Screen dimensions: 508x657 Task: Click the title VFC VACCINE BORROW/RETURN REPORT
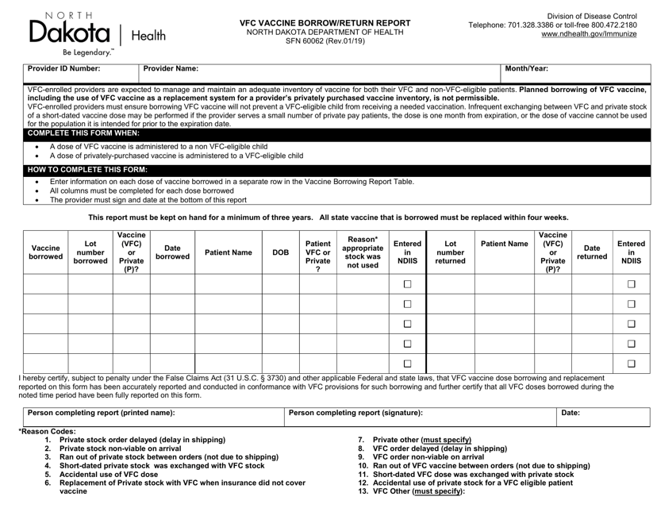(x=314, y=24)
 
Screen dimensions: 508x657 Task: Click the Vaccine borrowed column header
(x=45, y=252)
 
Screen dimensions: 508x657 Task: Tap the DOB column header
(x=280, y=252)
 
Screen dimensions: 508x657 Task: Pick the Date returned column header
(x=594, y=252)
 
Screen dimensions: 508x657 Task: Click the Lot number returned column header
(x=450, y=252)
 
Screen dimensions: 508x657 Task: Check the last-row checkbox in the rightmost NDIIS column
(x=632, y=363)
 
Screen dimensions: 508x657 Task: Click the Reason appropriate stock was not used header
(x=363, y=252)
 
